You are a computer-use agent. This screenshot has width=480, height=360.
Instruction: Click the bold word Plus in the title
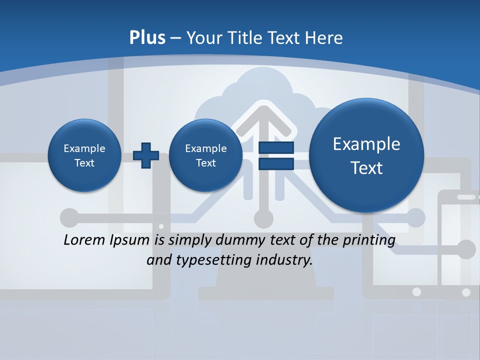tap(147, 38)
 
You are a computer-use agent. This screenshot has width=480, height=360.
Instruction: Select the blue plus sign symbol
tap(145, 155)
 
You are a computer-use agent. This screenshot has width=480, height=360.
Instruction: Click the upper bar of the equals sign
tap(276, 148)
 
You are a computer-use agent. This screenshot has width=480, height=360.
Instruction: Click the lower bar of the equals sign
tap(276, 163)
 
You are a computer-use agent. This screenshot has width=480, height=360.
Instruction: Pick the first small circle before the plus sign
tap(84, 155)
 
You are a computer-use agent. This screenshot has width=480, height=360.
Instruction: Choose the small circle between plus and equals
tap(205, 155)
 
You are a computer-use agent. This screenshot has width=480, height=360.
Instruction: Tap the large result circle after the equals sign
tap(366, 155)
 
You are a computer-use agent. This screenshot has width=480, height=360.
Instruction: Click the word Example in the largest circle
tap(366, 144)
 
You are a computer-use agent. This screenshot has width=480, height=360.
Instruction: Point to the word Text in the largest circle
tap(366, 168)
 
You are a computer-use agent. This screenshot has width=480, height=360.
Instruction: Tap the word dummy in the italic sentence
tap(240, 240)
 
